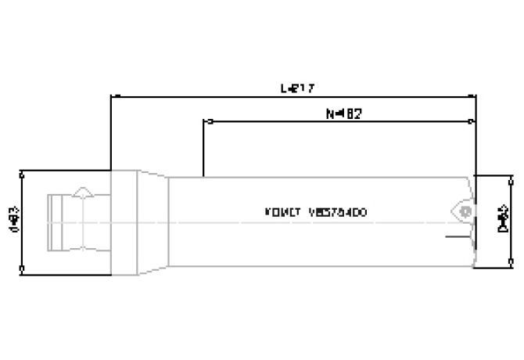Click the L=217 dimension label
tap(297, 88)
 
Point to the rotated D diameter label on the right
tap(505, 221)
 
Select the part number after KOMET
tap(337, 213)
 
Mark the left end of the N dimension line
tap(204, 121)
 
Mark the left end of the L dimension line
tap(111, 97)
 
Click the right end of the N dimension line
tap(473, 121)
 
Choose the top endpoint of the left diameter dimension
tap(22, 171)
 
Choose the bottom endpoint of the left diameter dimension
tap(22, 272)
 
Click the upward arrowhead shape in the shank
tap(84, 192)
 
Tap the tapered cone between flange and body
tap(153, 222)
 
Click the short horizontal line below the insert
tap(455, 236)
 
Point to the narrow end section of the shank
tap(55, 222)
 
